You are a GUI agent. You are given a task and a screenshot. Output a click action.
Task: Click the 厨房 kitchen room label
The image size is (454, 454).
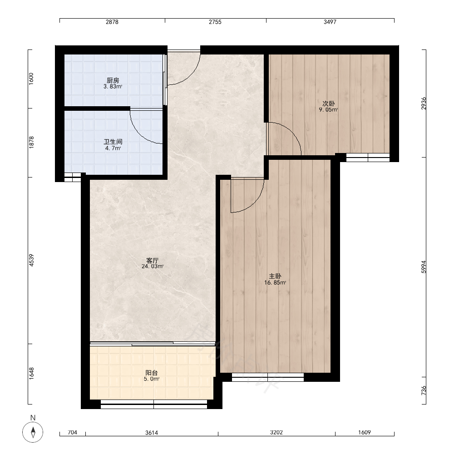(113, 80)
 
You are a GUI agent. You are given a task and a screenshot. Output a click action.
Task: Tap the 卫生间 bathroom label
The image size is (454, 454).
(113, 142)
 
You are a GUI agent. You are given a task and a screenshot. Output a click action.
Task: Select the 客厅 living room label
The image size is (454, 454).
(152, 260)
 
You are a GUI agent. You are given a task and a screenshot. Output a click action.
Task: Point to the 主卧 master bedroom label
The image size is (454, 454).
(275, 276)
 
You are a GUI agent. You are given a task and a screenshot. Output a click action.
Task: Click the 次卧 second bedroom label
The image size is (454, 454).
(329, 104)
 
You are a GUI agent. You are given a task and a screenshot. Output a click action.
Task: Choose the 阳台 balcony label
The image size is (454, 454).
(152, 373)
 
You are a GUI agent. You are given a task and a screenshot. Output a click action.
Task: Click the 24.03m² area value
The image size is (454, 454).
(153, 266)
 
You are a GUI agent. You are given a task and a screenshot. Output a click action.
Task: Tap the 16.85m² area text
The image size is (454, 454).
(275, 282)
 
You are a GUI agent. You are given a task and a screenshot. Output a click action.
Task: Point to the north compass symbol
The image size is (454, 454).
(33, 432)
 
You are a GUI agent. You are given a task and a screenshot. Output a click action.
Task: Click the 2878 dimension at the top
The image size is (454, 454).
(112, 22)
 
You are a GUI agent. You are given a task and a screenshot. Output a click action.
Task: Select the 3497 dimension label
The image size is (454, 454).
(330, 22)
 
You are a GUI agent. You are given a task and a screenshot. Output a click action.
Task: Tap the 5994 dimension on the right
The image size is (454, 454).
(424, 267)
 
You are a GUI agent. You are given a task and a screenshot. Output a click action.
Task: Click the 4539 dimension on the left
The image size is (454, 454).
(31, 260)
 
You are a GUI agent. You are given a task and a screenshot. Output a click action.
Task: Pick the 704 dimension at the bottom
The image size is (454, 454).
(72, 432)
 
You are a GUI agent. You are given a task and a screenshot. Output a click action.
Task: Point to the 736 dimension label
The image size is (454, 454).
(424, 390)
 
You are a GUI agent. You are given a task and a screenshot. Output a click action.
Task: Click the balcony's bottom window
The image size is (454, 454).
(154, 404)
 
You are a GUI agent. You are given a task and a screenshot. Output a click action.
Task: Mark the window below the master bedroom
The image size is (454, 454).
(268, 377)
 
